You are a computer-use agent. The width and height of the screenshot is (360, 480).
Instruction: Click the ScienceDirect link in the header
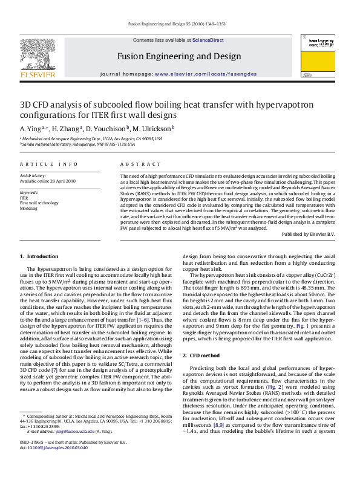tap(208, 41)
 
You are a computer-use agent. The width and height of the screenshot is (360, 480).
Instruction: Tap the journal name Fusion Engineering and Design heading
tap(179, 56)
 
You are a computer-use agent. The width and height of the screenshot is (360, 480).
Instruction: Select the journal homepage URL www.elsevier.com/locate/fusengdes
tap(205, 74)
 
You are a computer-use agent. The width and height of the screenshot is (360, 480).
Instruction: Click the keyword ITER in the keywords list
tap(24, 198)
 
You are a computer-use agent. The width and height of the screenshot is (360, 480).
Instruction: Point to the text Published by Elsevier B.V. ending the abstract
tap(309, 234)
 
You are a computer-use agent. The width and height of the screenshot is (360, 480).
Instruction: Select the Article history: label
tap(34, 175)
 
